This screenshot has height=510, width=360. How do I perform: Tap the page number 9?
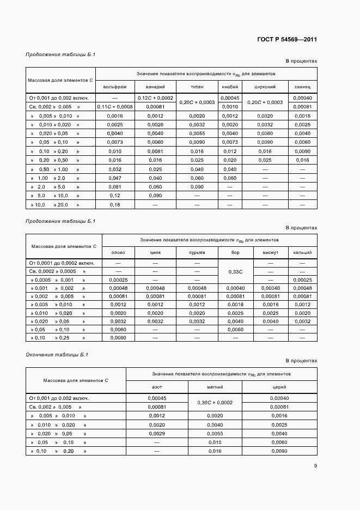[x=315, y=465]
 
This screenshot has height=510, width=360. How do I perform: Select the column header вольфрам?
[x=115, y=87]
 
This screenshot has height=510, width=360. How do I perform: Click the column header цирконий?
[x=265, y=87]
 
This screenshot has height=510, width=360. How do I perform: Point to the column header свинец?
[x=302, y=87]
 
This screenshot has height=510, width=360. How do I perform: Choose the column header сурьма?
[x=197, y=253]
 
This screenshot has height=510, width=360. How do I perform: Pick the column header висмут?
[x=270, y=253]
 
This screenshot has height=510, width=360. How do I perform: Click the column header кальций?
[x=302, y=253]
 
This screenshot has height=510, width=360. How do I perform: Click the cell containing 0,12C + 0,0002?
[x=155, y=98]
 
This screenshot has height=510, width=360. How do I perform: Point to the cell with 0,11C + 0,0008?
[x=115, y=107]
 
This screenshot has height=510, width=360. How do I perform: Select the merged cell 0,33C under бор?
[x=235, y=271]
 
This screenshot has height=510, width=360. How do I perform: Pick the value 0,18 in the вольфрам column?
[x=115, y=205]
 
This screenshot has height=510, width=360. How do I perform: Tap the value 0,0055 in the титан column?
[x=197, y=133]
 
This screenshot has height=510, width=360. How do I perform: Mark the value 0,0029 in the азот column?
[x=156, y=434]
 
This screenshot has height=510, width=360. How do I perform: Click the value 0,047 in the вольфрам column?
[x=115, y=178]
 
